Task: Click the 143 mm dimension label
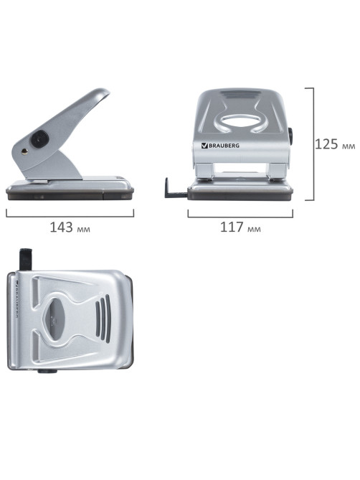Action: (70, 227)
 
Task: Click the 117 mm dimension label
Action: (240, 227)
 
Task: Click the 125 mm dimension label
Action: (335, 144)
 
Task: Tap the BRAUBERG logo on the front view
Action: (220, 146)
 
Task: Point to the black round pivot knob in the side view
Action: (39, 139)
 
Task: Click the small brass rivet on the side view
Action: (24, 151)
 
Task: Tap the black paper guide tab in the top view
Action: (26, 259)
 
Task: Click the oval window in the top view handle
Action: (53, 319)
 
